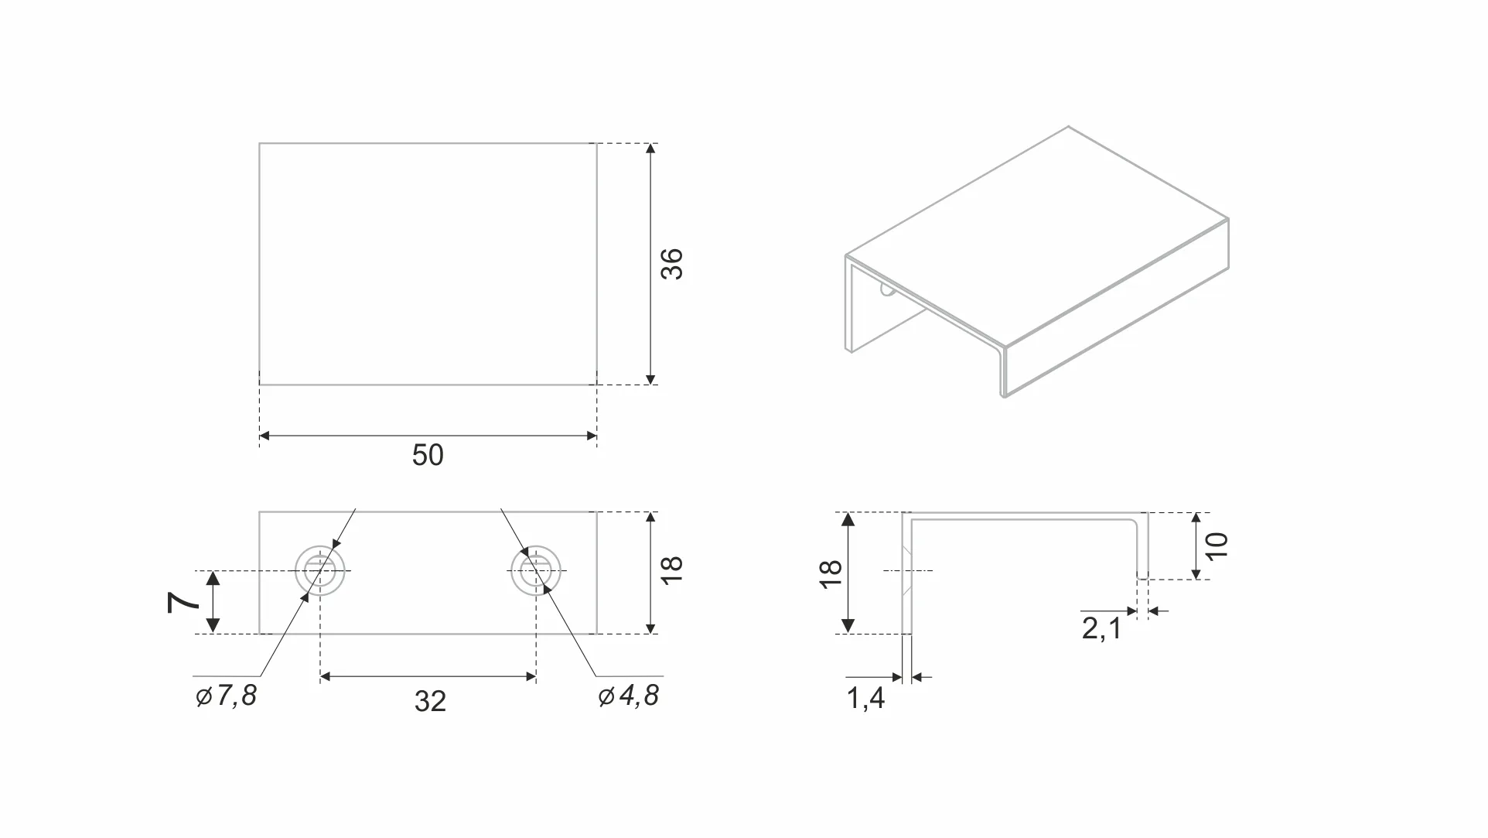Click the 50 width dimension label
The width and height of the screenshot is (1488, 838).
click(x=428, y=455)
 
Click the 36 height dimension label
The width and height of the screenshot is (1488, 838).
click(x=671, y=264)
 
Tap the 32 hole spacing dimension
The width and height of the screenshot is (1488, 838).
click(x=430, y=701)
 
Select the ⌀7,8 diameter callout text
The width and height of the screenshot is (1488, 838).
click(x=226, y=696)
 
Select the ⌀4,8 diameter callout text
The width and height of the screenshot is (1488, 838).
click(x=629, y=696)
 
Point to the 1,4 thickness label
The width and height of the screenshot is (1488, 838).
click(x=865, y=699)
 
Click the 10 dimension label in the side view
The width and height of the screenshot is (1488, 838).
click(x=1216, y=546)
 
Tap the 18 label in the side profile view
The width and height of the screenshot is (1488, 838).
click(x=830, y=573)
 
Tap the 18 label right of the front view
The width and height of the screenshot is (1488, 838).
click(x=671, y=570)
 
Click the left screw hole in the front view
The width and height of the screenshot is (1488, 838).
click(x=320, y=571)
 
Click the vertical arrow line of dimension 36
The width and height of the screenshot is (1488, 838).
click(x=650, y=264)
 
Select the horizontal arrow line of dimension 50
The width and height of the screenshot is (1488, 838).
click(x=428, y=436)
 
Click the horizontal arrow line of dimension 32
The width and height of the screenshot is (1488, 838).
click(x=428, y=676)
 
